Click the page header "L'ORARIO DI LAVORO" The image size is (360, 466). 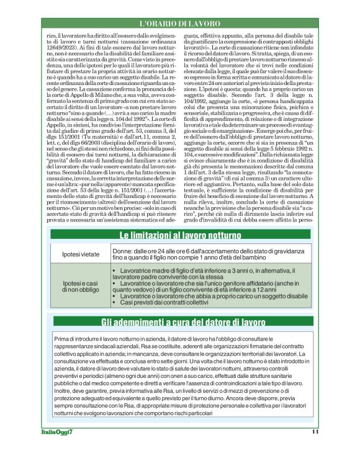(x=180, y=23)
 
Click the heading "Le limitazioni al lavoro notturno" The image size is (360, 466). (x=180, y=235)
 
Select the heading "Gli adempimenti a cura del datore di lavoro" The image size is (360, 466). (x=179, y=322)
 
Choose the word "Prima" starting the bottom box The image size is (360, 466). (x=63, y=339)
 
